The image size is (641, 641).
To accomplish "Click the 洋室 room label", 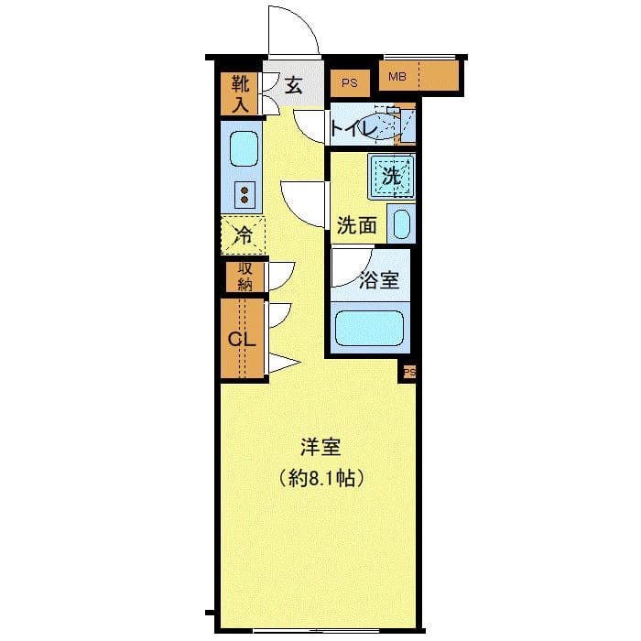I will pos(320,448).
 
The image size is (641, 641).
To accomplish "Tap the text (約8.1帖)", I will pos(320,478).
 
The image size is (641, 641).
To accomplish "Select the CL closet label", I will pos(241,340).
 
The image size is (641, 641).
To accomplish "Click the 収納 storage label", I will pos(244,276).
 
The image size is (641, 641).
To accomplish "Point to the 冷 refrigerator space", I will pos(243,234).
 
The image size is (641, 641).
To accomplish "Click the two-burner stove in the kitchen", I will pos(245,192).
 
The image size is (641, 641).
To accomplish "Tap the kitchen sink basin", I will pos(244,147).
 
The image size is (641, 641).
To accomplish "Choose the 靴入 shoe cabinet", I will pos(240,93).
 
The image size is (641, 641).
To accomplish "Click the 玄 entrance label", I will pos(293,86).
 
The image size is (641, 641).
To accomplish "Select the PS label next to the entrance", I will pos(349,83).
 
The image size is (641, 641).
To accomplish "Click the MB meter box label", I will pos(397,76).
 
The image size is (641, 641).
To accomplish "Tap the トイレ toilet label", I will pos(354,129).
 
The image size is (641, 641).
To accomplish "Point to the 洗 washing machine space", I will pos(391,176).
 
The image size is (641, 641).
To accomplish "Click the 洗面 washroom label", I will pos(356,225).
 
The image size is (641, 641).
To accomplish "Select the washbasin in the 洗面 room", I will pos(401,223).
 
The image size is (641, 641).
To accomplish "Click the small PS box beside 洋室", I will pos(408,372).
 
